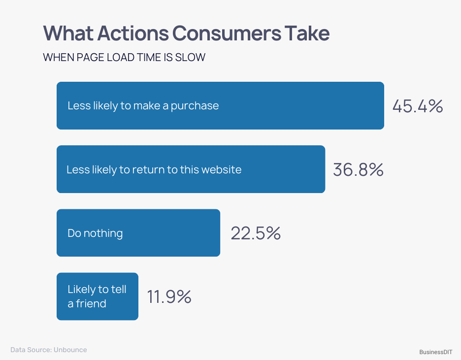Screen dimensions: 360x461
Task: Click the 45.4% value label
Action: (418, 106)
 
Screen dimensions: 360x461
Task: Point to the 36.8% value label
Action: (358, 170)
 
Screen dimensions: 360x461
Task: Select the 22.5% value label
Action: (256, 233)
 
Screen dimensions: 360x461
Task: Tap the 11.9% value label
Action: (169, 297)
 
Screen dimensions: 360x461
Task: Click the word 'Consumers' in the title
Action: (226, 33)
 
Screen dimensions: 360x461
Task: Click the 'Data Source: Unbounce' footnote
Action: (49, 350)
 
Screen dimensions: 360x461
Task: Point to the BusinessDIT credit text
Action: (436, 352)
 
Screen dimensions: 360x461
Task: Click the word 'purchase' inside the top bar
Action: (195, 106)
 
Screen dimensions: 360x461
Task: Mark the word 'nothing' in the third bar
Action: (103, 233)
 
